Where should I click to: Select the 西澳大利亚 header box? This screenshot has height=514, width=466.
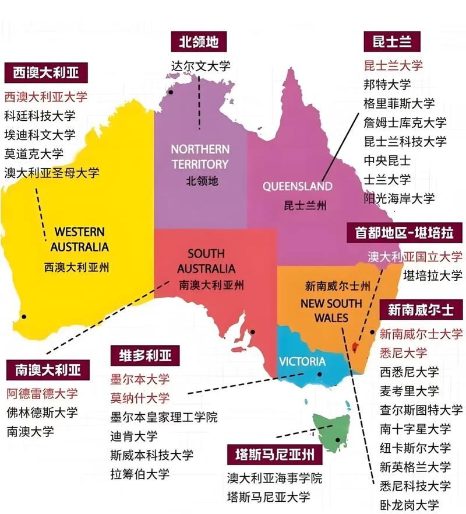pos(46,74)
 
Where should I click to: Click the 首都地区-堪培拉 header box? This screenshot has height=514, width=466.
pos(405,233)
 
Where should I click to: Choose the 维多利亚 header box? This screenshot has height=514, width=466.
pos(142,356)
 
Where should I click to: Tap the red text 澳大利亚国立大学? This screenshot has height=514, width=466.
pos(415,256)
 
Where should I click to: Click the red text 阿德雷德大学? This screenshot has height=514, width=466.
pos(41,393)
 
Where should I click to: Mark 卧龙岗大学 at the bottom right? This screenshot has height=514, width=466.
pos(409,505)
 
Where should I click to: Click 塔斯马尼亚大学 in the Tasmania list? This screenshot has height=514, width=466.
pos(268,497)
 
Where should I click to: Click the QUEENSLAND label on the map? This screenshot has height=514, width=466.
pos(297,187)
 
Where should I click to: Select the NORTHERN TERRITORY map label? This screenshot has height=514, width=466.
pos(200,156)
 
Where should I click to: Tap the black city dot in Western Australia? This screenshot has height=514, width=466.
pos(24,317)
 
